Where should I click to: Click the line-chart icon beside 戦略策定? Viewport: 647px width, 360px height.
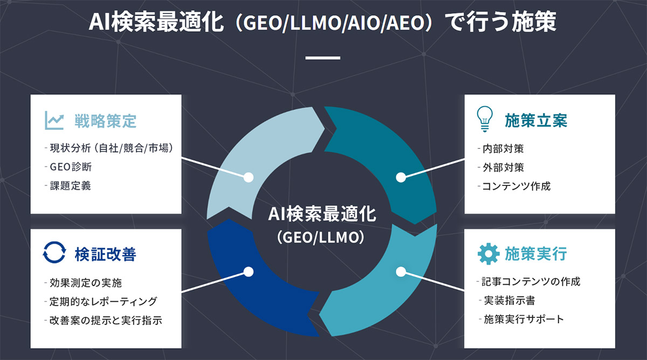pyautogui.click(x=54, y=120)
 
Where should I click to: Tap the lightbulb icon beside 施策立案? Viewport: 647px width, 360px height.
pyautogui.click(x=485, y=120)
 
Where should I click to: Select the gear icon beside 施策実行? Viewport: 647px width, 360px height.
pyautogui.click(x=488, y=253)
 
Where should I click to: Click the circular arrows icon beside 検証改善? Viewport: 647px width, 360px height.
pyautogui.click(x=54, y=253)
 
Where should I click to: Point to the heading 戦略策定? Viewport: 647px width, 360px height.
pyautogui.click(x=105, y=121)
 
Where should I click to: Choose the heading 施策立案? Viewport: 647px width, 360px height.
pyautogui.click(x=536, y=120)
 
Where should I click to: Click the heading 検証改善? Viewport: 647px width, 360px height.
pyautogui.click(x=105, y=254)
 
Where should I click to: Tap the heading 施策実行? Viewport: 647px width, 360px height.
pyautogui.click(x=536, y=253)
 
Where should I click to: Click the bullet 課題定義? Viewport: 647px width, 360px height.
pyautogui.click(x=70, y=186)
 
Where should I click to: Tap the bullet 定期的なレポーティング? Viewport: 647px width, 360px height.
pyautogui.click(x=102, y=301)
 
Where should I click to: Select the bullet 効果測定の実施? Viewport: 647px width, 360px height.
pyautogui.click(x=87, y=282)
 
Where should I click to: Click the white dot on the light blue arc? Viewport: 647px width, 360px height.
pyautogui.click(x=249, y=177)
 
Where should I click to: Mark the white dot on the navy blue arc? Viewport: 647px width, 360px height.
pyautogui.click(x=249, y=272)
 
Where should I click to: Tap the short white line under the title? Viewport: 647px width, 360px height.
pyautogui.click(x=323, y=57)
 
